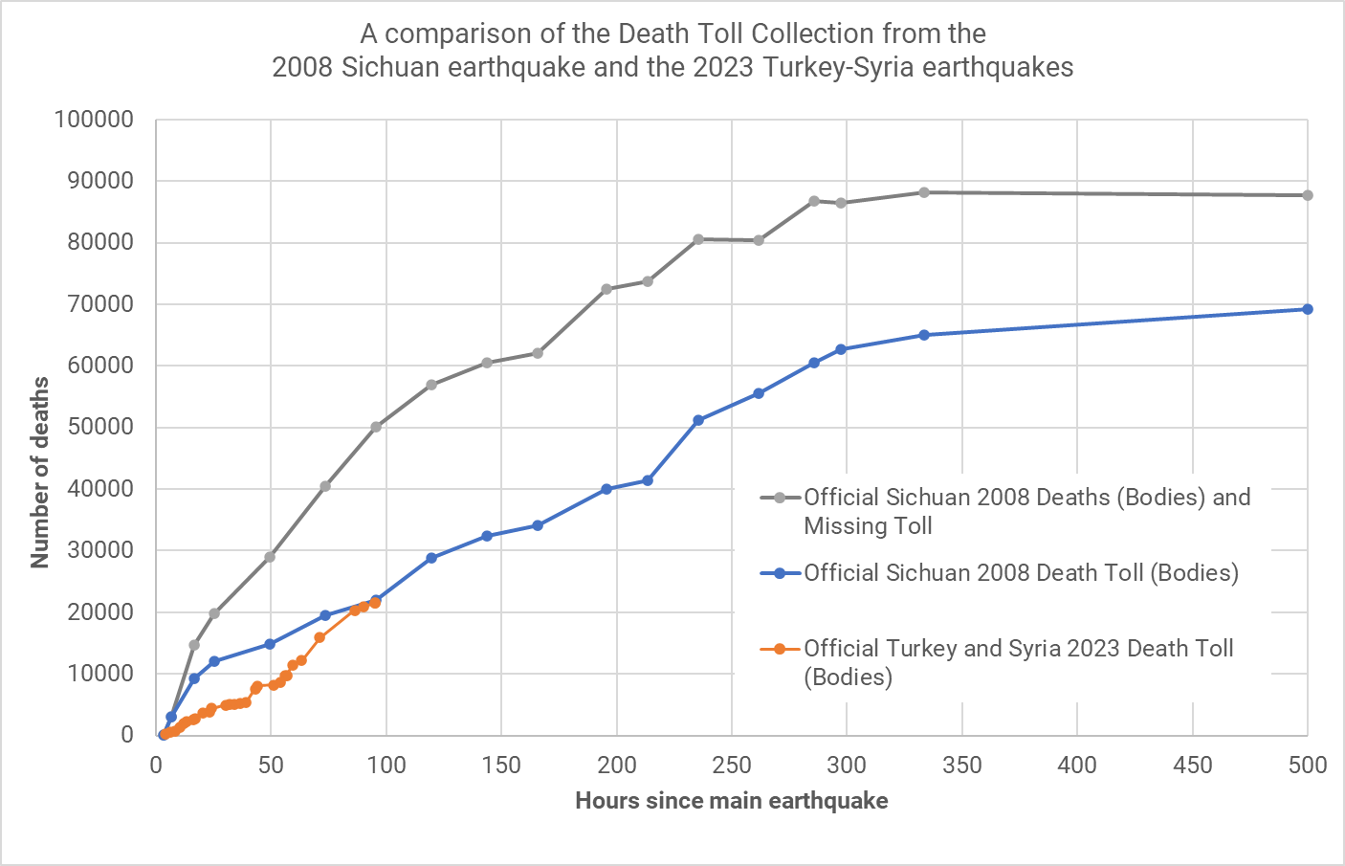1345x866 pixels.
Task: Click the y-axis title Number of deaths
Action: (40, 472)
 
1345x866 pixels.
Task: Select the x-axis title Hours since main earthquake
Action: (731, 801)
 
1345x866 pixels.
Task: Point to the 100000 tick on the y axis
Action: (94, 120)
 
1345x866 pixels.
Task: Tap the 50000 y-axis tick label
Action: (99, 427)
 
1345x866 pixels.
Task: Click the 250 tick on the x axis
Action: (732, 766)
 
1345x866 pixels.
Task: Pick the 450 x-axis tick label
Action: (1192, 766)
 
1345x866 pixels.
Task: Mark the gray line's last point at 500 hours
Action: (1308, 195)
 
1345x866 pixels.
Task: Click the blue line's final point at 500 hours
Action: (1308, 309)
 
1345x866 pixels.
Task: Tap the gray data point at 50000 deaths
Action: (376, 427)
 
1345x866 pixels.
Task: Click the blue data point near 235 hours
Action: (698, 420)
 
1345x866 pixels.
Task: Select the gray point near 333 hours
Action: (924, 192)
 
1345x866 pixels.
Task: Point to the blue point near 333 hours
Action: (924, 335)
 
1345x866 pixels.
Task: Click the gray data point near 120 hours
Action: (431, 385)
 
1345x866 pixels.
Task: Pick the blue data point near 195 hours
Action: (606, 489)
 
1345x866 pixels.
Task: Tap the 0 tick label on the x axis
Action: (156, 766)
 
